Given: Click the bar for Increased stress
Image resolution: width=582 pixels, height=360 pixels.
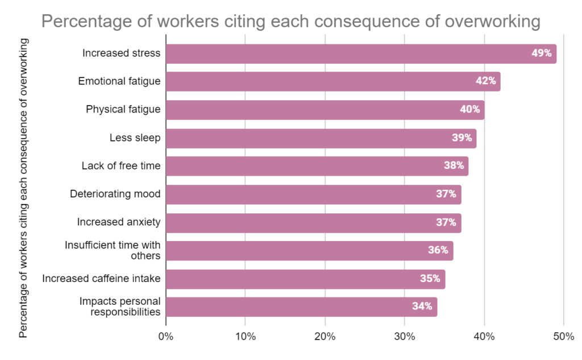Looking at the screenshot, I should (x=361, y=53).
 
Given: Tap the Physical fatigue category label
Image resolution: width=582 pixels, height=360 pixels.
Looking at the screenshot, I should (x=123, y=109).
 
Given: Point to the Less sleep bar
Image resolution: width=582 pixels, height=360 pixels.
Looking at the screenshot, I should (x=321, y=138).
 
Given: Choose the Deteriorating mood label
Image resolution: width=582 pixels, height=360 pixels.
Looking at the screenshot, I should (x=115, y=194).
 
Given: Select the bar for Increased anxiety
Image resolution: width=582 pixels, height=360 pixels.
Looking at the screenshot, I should (x=313, y=222).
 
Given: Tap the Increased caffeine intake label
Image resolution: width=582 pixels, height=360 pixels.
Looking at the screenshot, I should (x=101, y=278).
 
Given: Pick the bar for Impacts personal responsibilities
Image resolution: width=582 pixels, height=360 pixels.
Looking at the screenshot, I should (x=301, y=307).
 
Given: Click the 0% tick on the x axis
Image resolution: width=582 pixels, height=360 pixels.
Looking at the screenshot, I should (x=165, y=336).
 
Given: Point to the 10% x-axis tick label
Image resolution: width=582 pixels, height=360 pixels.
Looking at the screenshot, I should (x=245, y=336).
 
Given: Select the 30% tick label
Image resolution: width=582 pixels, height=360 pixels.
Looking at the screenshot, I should (x=404, y=336).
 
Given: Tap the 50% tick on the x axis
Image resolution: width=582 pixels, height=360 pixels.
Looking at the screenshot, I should (x=563, y=336).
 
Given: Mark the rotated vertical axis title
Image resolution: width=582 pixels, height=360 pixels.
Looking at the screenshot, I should (x=23, y=188).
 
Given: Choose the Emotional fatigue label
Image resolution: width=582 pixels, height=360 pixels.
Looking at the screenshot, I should (x=119, y=81).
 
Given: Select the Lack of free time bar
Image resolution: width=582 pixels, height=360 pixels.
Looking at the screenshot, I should (x=317, y=166).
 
